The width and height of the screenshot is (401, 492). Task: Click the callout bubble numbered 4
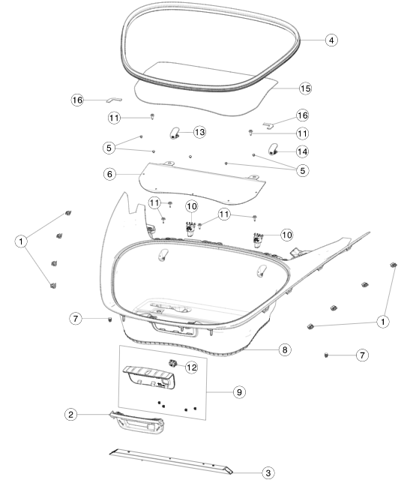click(x=331, y=40)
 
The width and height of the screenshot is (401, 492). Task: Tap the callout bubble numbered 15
click(x=305, y=88)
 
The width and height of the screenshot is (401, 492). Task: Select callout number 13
click(x=199, y=132)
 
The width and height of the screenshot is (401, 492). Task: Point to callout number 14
click(x=302, y=151)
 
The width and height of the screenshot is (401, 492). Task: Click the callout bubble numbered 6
click(x=109, y=174)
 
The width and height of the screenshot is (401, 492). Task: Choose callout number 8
click(x=285, y=349)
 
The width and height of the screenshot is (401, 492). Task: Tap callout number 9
click(x=239, y=392)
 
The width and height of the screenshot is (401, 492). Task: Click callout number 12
click(x=192, y=367)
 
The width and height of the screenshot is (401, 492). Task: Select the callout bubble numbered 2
click(x=71, y=415)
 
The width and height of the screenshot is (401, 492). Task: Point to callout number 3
click(x=268, y=472)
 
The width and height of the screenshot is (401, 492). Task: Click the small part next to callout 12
click(x=172, y=363)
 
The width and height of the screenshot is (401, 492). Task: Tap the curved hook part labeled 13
click(x=175, y=133)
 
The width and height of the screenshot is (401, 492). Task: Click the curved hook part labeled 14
click(x=273, y=149)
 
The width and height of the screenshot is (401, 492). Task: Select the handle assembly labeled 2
click(x=138, y=422)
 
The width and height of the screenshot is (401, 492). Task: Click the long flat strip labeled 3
click(x=171, y=461)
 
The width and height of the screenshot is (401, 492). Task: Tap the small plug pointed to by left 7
click(x=109, y=319)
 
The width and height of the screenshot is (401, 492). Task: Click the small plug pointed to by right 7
click(x=326, y=355)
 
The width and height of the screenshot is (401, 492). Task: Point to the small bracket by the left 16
click(x=114, y=100)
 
